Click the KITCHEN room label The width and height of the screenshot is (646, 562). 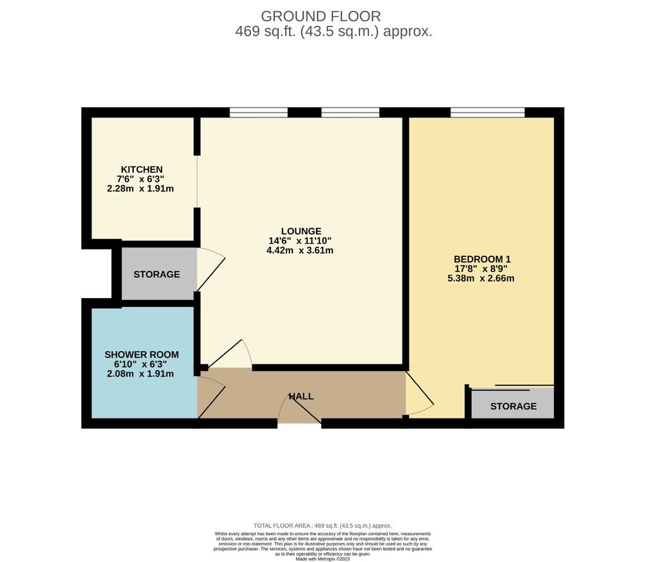pyautogui.click(x=141, y=169)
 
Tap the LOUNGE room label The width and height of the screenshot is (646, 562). pyautogui.click(x=301, y=231)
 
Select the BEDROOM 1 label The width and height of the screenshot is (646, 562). pyautogui.click(x=482, y=260)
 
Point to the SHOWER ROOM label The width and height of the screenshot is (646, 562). pyautogui.click(x=141, y=355)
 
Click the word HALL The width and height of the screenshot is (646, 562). pyautogui.click(x=301, y=397)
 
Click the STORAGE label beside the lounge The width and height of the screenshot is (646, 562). pyautogui.click(x=156, y=274)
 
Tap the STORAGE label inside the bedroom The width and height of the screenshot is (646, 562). pyautogui.click(x=514, y=406)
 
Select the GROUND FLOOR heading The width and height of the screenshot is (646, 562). pyautogui.click(x=321, y=16)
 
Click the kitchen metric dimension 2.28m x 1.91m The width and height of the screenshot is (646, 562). pyautogui.click(x=140, y=189)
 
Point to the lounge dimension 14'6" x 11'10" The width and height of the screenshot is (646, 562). pyautogui.click(x=300, y=241)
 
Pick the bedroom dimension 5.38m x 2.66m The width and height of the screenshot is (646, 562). pyautogui.click(x=481, y=278)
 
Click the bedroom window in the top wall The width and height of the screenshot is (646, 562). pyautogui.click(x=488, y=112)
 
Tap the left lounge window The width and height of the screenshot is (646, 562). pyautogui.click(x=258, y=112)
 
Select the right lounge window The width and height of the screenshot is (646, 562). pyautogui.click(x=350, y=112)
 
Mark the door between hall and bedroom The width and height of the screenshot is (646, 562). pyautogui.click(x=420, y=394)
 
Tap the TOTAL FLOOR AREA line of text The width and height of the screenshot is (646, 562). pyautogui.click(x=322, y=526)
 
